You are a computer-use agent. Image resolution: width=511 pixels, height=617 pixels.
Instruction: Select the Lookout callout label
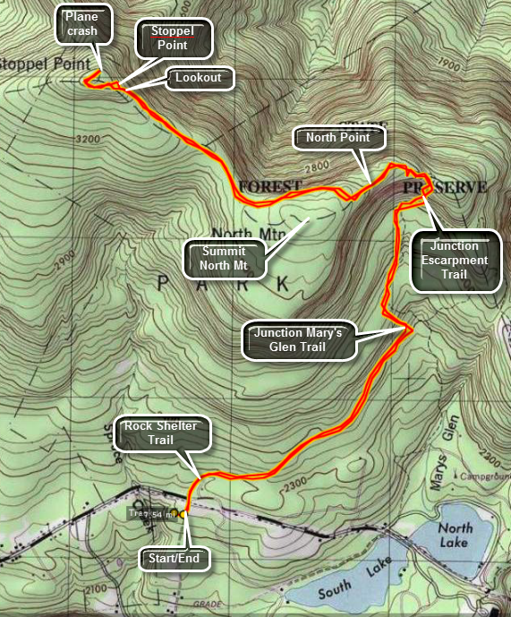(x=199, y=78)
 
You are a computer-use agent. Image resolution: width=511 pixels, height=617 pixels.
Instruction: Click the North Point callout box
(x=343, y=138)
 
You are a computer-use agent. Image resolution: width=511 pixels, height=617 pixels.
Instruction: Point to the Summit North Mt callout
(x=226, y=257)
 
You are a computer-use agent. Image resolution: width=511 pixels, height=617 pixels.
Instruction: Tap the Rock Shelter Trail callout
(x=166, y=433)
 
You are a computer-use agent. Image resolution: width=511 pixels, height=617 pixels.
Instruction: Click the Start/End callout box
(x=176, y=560)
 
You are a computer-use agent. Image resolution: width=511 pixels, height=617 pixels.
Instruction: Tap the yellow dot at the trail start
(x=183, y=515)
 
